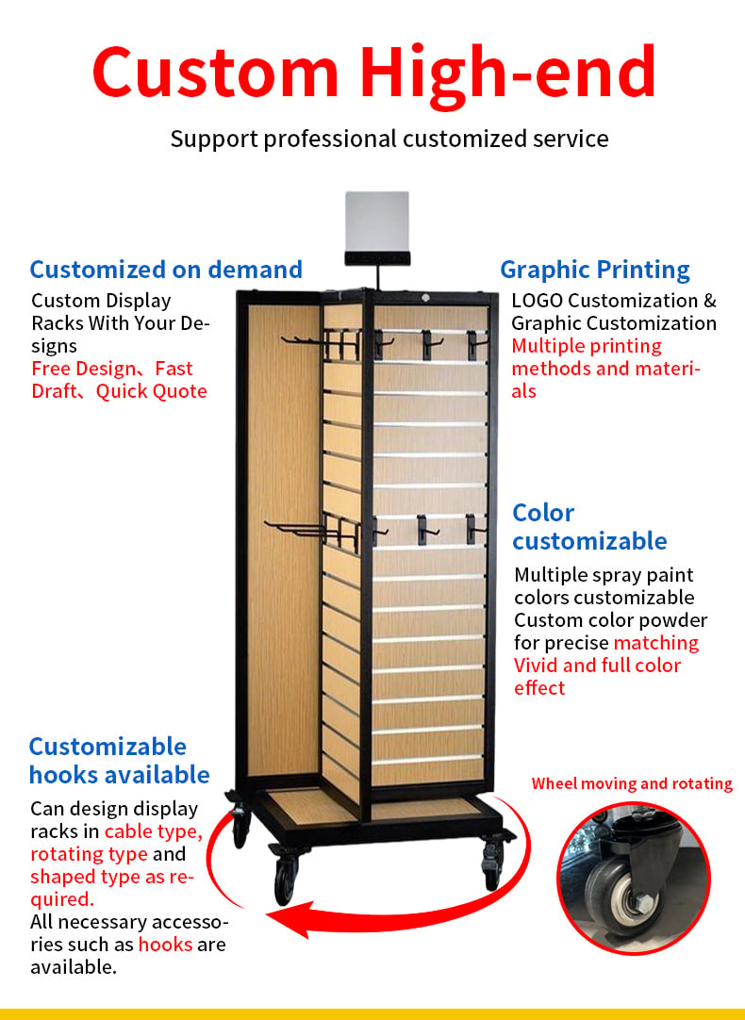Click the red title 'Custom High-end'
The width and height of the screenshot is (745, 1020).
374,73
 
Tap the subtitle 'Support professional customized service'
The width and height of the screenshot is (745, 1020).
389,139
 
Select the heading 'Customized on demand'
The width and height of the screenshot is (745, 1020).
166,270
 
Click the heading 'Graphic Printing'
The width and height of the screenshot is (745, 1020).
595,270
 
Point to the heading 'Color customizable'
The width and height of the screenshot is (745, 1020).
589,527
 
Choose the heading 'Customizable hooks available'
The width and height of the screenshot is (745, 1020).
119,761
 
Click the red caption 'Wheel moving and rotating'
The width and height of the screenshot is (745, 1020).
632,784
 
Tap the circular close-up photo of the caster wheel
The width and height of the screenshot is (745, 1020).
634,879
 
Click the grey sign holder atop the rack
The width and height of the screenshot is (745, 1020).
376,228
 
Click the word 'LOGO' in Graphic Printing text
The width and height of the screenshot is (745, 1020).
537,301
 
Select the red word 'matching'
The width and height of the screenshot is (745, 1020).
655,643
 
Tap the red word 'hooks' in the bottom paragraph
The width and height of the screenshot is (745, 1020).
165,945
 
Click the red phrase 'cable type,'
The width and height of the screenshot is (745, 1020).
154,832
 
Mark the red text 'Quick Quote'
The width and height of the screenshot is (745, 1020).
152,391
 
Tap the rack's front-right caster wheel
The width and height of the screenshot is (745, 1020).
491,865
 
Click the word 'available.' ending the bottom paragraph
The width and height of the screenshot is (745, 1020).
74,967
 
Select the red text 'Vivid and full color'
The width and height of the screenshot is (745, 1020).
597,666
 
